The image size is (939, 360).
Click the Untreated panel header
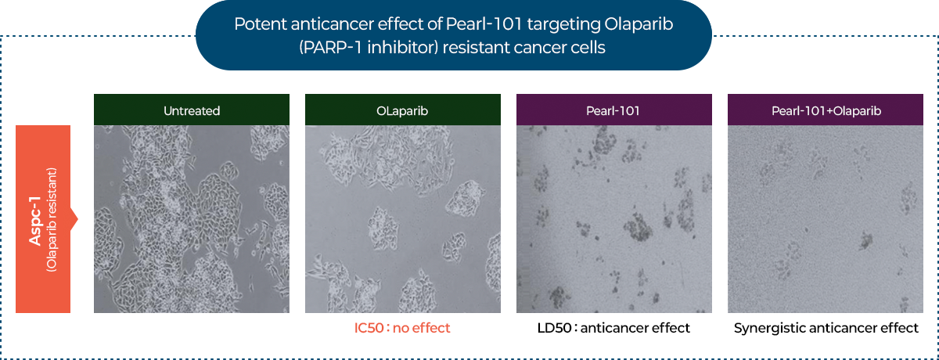(x=192, y=110)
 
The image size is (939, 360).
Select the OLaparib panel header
(x=403, y=110)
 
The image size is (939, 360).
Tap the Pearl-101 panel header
(x=614, y=110)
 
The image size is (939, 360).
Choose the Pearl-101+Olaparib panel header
(x=826, y=110)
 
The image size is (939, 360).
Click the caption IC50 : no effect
(x=402, y=328)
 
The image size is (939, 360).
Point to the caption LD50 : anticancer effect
(x=613, y=328)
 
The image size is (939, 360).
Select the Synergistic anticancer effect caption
(x=826, y=328)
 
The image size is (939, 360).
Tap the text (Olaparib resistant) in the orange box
(x=51, y=220)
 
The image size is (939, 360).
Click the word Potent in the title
(x=260, y=24)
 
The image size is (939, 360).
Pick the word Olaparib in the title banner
(x=639, y=25)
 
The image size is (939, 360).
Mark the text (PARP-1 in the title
(x=331, y=48)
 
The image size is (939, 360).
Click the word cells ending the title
(x=588, y=48)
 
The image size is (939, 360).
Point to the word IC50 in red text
(x=369, y=328)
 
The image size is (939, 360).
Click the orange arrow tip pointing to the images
(x=77, y=219)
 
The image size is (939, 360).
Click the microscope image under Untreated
(x=192, y=219)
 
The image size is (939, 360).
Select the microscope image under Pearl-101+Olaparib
(x=826, y=219)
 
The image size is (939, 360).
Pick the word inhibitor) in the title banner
(x=403, y=48)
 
